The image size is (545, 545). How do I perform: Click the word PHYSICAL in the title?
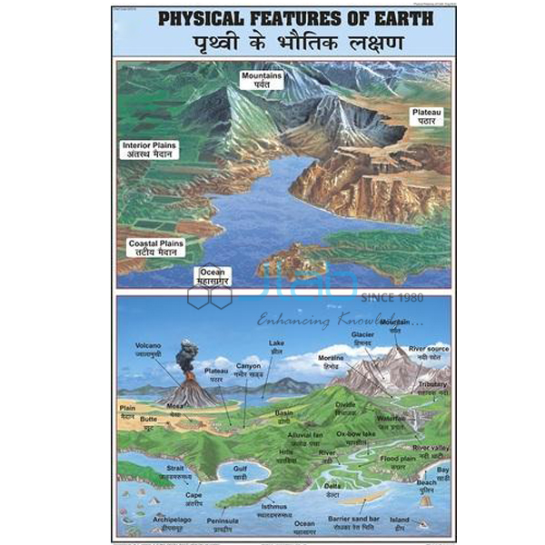[201, 19]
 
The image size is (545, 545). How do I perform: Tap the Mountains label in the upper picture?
[262, 80]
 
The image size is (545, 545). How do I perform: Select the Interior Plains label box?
[151, 149]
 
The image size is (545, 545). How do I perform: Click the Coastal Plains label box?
[156, 248]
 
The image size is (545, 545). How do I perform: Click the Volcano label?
[149, 350]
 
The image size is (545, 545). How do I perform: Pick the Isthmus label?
[272, 510]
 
